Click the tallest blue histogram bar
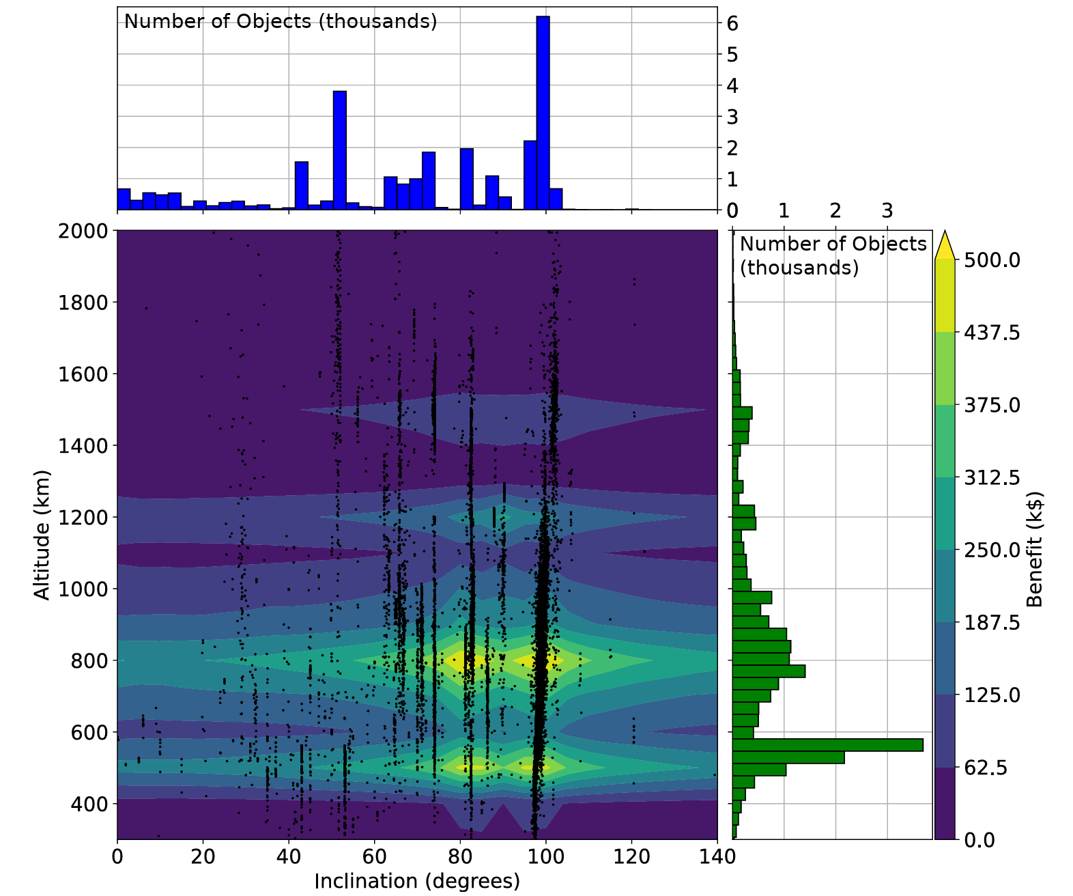pyautogui.click(x=543, y=113)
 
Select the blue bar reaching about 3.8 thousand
pyautogui.click(x=339, y=150)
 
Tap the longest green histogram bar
pyautogui.click(x=827, y=745)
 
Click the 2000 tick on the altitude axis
pyautogui.click(x=83, y=231)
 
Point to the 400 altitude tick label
pyautogui.click(x=89, y=804)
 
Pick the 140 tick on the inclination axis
pyautogui.click(x=717, y=856)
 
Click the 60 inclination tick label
pyautogui.click(x=375, y=856)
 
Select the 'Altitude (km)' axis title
pyautogui.click(x=42, y=535)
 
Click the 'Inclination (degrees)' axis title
pyautogui.click(x=417, y=881)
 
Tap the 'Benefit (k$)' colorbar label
pyautogui.click(x=1035, y=550)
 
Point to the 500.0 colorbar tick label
pyautogui.click(x=992, y=260)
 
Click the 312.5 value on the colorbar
pyautogui.click(x=992, y=477)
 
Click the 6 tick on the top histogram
pyautogui.click(x=732, y=24)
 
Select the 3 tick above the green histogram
pyautogui.click(x=887, y=210)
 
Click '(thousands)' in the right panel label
pyautogui.click(x=799, y=268)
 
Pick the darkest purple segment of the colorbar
pyautogui.click(x=944, y=803)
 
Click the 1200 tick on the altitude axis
pyautogui.click(x=83, y=517)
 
